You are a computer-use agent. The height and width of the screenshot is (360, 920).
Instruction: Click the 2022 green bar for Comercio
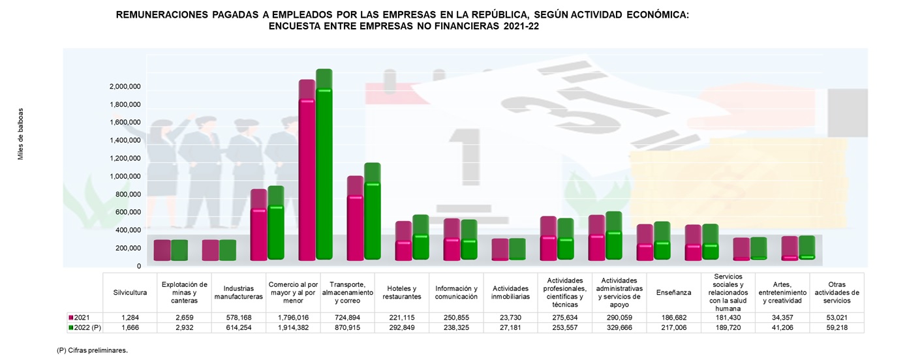tap(324, 170)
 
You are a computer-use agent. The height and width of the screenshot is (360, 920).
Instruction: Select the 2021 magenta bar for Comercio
tap(307, 176)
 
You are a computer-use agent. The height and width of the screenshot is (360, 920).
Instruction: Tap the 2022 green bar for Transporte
tap(372, 215)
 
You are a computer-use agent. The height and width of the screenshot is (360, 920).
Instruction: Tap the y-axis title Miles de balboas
tap(20, 134)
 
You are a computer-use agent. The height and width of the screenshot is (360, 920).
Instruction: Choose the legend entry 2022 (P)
tap(85, 327)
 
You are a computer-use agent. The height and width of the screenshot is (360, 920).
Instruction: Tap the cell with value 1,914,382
tap(293, 327)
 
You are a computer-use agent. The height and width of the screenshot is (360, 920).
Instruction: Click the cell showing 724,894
tap(348, 317)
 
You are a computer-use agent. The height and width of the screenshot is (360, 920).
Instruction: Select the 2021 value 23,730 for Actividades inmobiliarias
tap(511, 317)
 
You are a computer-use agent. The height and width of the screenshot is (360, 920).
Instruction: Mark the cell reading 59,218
tap(836, 327)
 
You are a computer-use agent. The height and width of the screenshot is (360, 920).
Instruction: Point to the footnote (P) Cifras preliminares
tap(92, 350)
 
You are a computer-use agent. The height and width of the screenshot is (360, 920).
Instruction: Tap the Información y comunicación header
tap(456, 292)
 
